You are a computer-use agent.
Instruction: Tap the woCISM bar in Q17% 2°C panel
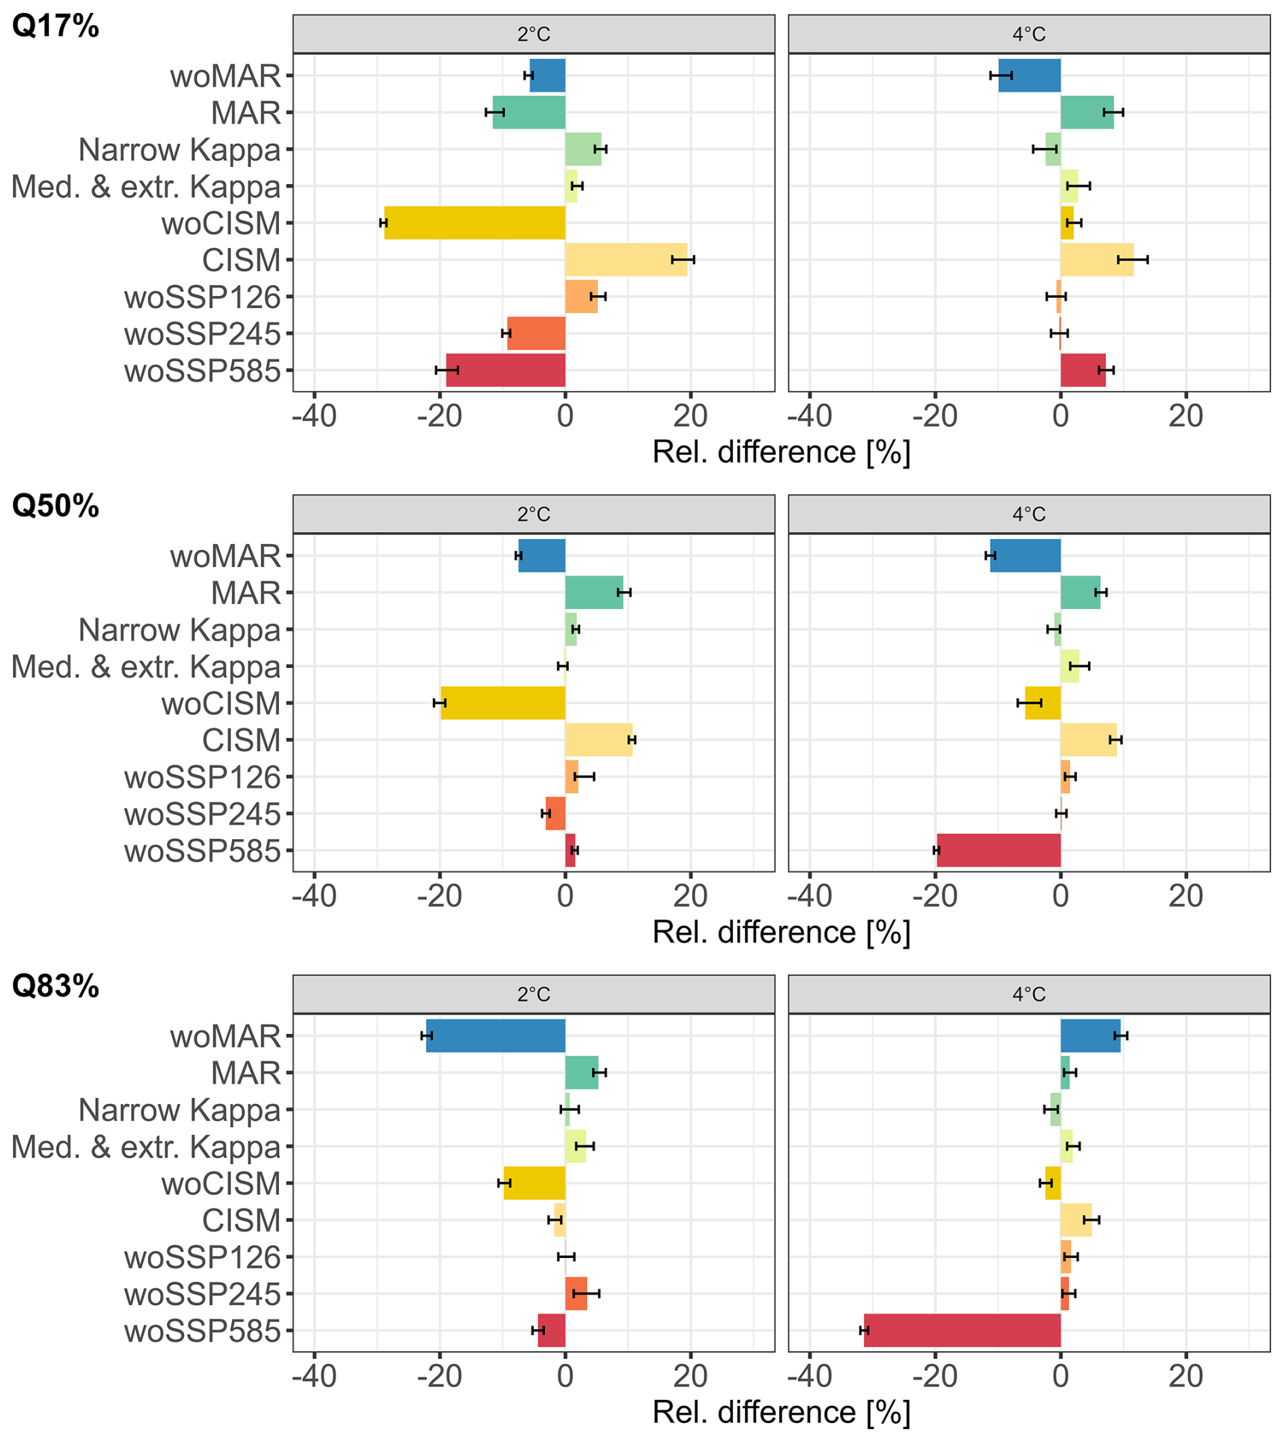pyautogui.click(x=474, y=223)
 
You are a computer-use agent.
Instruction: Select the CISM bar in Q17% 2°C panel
pyautogui.click(x=626, y=260)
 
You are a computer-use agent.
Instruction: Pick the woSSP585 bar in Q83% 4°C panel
pyautogui.click(x=962, y=1331)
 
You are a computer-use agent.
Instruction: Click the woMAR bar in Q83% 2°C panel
pyautogui.click(x=495, y=1035)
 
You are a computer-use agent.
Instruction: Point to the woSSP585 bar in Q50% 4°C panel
pyautogui.click(x=998, y=850)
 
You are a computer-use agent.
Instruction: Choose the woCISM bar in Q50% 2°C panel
pyautogui.click(x=502, y=703)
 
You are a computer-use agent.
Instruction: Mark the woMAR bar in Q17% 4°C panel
pyautogui.click(x=1030, y=75)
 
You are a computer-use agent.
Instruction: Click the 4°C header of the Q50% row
pyautogui.click(x=1029, y=515)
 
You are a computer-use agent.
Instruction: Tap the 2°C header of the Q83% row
pyautogui.click(x=533, y=995)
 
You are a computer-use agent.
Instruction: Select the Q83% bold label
pyautogui.click(x=55, y=986)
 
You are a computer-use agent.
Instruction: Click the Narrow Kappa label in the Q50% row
pyautogui.click(x=179, y=629)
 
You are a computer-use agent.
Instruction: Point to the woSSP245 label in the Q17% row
pyautogui.click(x=202, y=334)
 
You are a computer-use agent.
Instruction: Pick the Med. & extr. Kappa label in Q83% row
pyautogui.click(x=146, y=1146)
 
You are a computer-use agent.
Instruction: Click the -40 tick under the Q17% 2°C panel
pyautogui.click(x=314, y=416)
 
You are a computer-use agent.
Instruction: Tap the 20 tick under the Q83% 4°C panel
pyautogui.click(x=1185, y=1376)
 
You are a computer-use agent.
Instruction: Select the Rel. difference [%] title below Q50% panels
pyautogui.click(x=781, y=932)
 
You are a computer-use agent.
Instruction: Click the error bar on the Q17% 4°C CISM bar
pyautogui.click(x=1132, y=260)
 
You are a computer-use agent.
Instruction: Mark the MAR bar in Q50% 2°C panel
pyautogui.click(x=594, y=592)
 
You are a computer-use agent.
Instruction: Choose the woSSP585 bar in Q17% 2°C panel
pyautogui.click(x=505, y=370)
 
